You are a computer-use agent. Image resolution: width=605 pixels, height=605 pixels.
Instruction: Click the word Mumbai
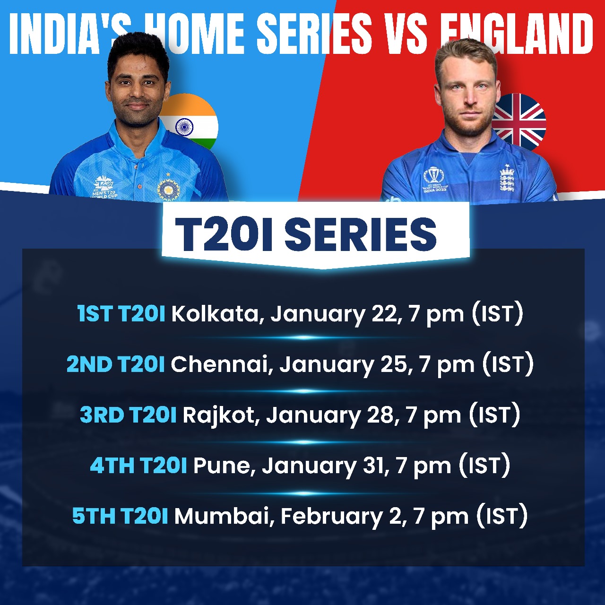pos(224,516)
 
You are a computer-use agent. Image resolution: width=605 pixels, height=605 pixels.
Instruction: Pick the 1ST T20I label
pos(121,313)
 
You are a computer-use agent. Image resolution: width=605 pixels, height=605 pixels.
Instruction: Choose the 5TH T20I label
pos(120,516)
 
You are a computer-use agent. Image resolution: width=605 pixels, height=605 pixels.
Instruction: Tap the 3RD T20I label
pos(128,415)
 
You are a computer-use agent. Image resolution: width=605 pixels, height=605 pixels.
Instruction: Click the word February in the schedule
pos(331,516)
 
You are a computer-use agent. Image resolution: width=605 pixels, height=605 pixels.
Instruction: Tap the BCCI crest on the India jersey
pos(168,188)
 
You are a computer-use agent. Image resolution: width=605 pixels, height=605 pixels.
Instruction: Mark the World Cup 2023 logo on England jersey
pos(433,180)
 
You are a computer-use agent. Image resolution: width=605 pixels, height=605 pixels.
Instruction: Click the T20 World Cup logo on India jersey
pos(104,187)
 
